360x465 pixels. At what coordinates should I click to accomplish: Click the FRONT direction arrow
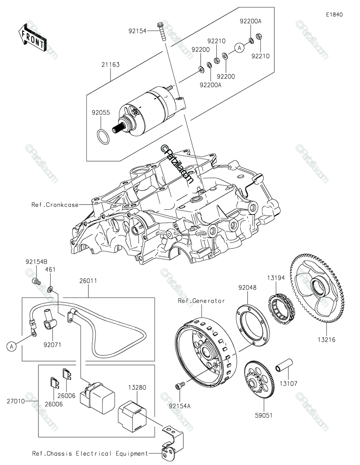tap(33, 38)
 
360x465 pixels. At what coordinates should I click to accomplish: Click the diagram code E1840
tap(334, 15)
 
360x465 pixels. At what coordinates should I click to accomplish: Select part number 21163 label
tap(110, 65)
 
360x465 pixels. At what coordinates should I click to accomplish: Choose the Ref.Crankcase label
tap(55, 205)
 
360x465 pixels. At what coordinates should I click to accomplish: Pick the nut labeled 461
tap(50, 289)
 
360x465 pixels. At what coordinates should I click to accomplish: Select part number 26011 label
tap(88, 281)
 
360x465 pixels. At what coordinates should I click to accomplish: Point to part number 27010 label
tap(16, 401)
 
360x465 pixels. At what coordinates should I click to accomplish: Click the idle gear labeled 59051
tap(260, 380)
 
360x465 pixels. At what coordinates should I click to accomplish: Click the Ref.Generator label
tap(201, 301)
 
